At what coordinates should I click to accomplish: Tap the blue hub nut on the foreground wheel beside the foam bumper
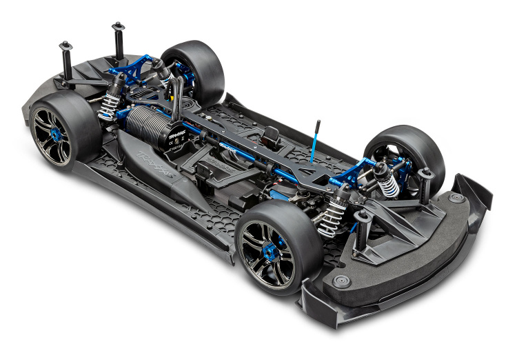(280, 243)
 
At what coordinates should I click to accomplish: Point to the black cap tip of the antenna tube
(318, 124)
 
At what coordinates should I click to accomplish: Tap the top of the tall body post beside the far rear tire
(117, 28)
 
